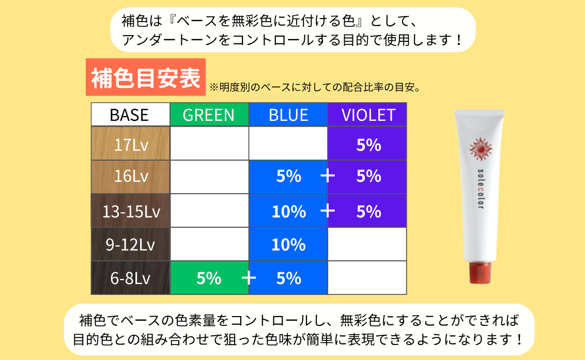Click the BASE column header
coord(130,115)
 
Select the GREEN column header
coord(209,115)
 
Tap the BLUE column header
coord(288,115)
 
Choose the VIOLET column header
coord(367,115)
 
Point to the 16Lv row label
coord(131,177)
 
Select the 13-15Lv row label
coord(131,211)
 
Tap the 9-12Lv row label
coord(131,244)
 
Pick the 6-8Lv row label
coord(131,278)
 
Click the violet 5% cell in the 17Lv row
coord(367,144)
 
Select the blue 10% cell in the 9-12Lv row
coord(288,244)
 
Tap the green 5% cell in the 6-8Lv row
coord(209,278)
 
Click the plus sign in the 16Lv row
coord(328,176)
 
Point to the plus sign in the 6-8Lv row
coord(249,278)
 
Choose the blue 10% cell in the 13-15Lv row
coord(288,211)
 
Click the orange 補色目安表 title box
coord(146,77)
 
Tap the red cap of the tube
coord(480,273)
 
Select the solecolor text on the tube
coord(481,189)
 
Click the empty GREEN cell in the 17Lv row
coord(209,144)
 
